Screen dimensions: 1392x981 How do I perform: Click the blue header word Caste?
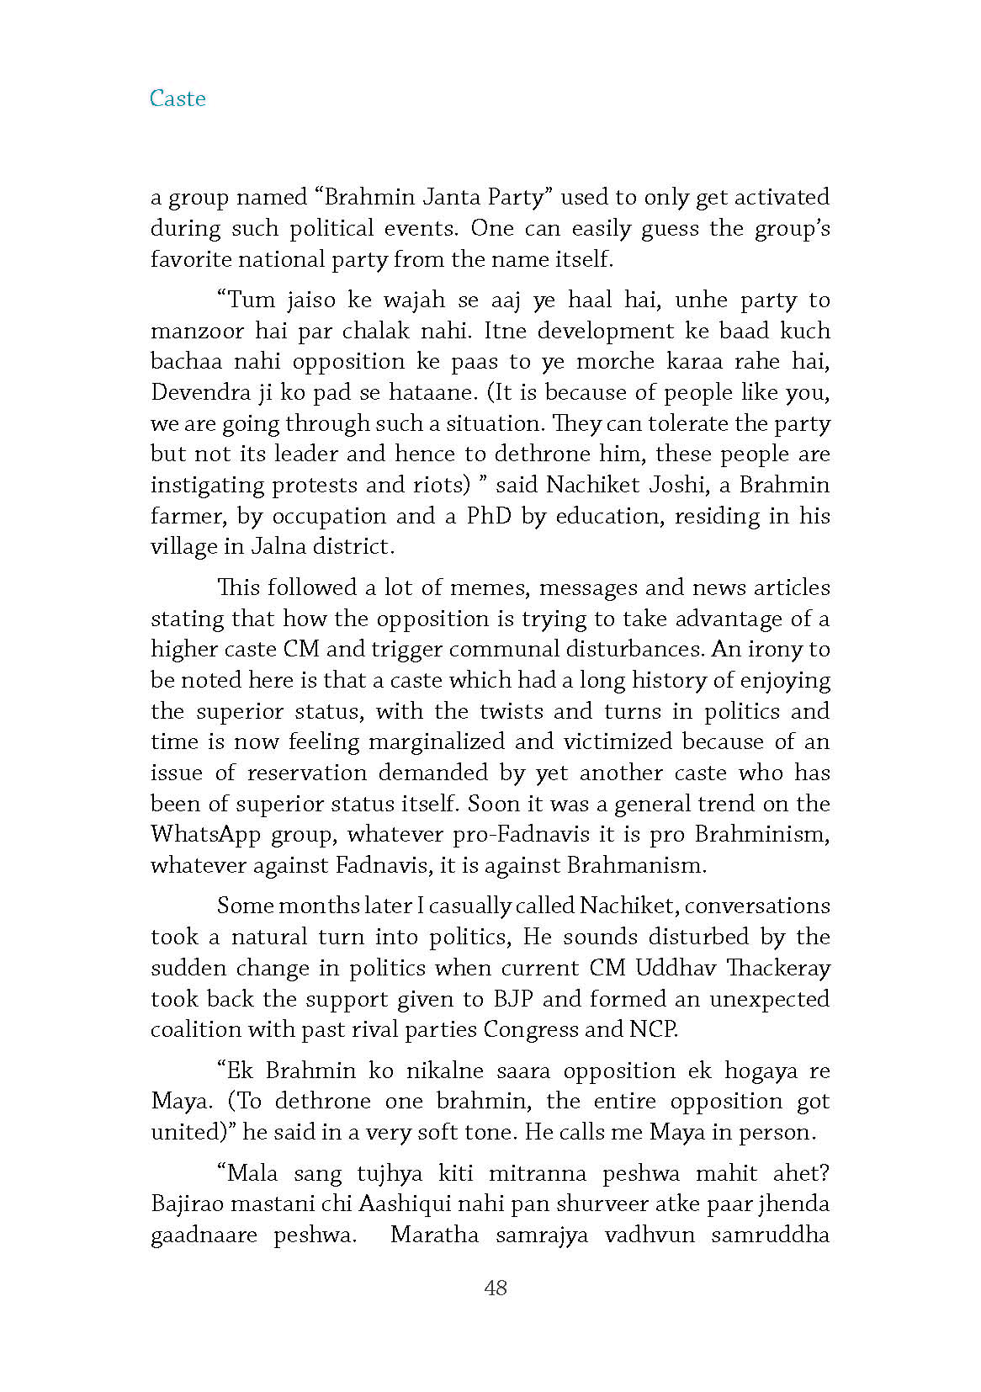click(178, 98)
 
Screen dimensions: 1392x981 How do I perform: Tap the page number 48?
click(496, 1287)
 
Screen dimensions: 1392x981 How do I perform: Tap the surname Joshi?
click(676, 485)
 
